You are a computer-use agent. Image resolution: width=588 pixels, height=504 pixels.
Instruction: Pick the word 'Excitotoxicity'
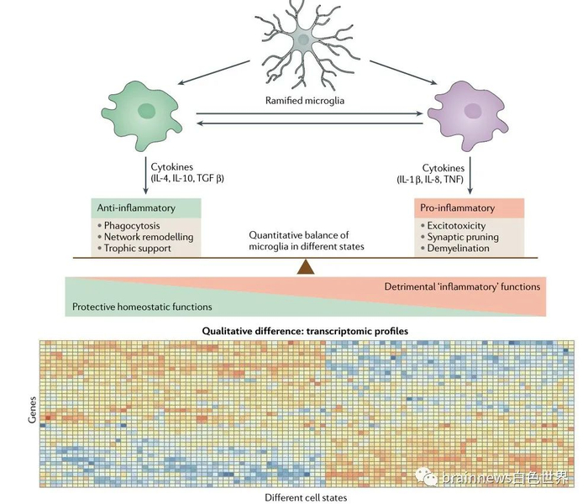[459, 225]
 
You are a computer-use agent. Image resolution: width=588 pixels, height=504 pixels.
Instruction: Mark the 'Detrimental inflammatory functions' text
[462, 287]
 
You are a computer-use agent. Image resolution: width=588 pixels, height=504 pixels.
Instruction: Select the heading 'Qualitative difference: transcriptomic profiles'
[305, 331]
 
